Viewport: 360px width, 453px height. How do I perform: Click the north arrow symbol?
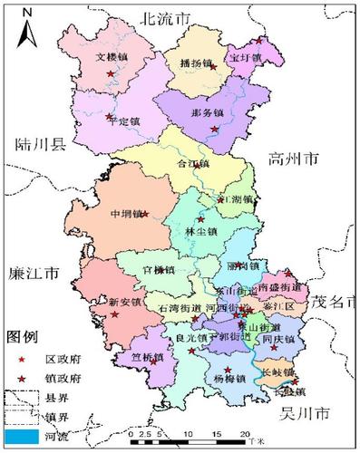click(27, 28)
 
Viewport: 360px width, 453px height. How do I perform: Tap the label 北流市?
click(163, 17)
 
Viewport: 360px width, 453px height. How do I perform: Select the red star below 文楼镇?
click(112, 72)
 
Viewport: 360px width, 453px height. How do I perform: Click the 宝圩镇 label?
click(245, 58)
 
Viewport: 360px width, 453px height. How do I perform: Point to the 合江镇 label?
click(193, 164)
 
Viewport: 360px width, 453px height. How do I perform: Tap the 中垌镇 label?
click(125, 215)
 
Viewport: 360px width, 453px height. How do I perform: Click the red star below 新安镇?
click(114, 315)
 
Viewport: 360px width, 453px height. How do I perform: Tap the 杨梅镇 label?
click(229, 378)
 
